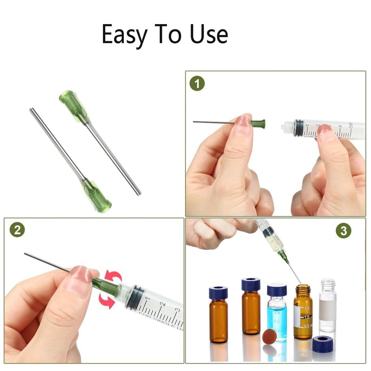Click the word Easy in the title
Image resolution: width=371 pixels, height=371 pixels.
[x=124, y=35]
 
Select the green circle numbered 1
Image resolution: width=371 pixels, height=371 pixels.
[x=197, y=84]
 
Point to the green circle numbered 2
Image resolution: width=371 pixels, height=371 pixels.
[x=17, y=230]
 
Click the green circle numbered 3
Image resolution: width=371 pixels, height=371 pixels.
[x=343, y=230]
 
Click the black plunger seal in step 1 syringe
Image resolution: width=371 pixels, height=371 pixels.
[x=298, y=128]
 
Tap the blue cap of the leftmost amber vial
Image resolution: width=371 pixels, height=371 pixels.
[x=218, y=292]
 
